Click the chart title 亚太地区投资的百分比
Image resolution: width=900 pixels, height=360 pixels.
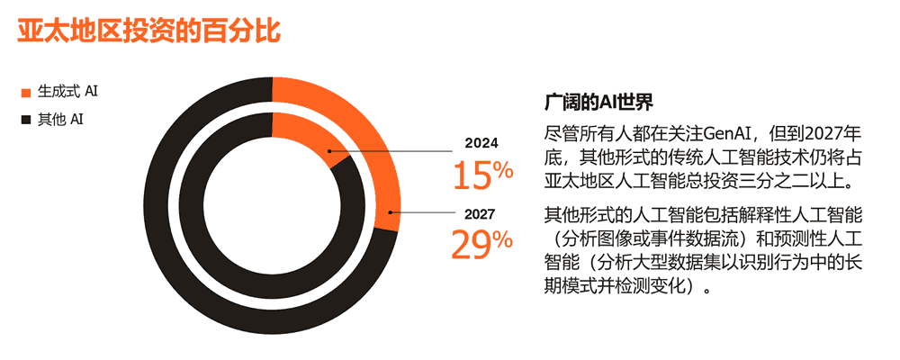tap(149, 29)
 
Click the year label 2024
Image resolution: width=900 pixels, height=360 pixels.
tap(481, 142)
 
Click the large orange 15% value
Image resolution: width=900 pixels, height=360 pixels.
tap(481, 175)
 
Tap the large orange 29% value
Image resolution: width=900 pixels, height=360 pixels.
tap(481, 245)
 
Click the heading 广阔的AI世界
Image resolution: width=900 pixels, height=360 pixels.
tap(598, 99)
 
